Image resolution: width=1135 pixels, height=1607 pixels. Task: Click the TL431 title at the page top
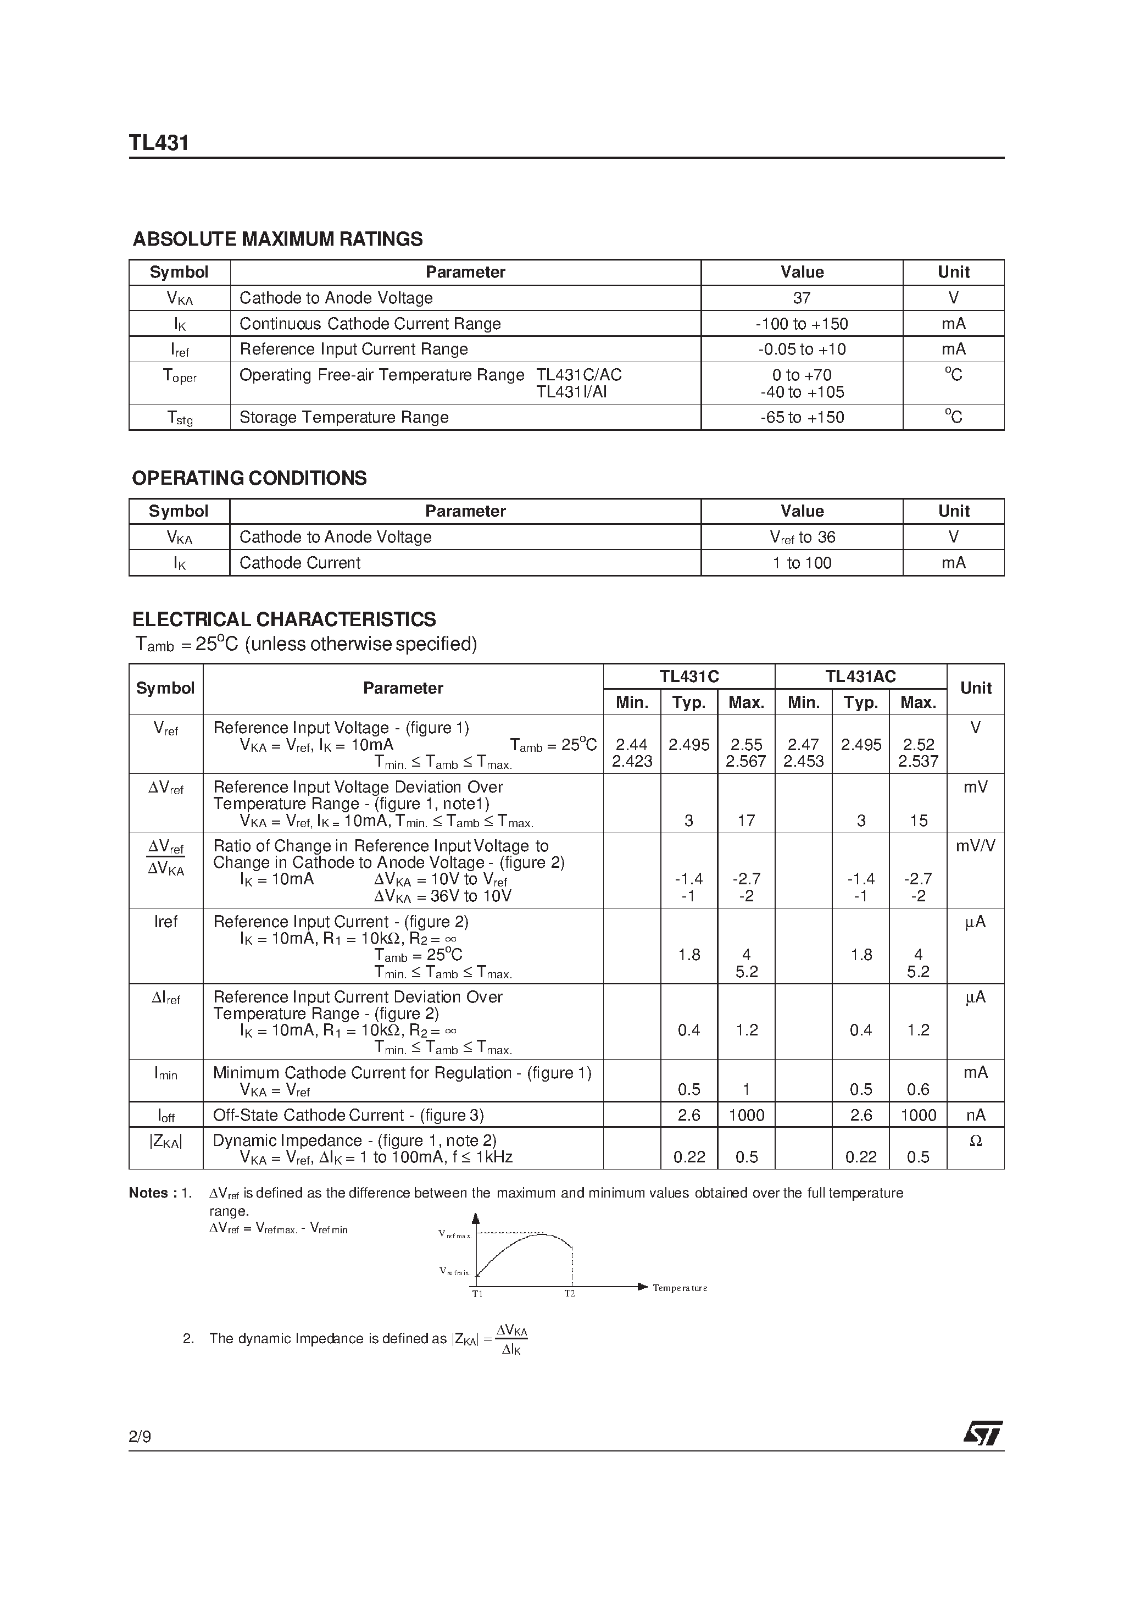[x=159, y=143]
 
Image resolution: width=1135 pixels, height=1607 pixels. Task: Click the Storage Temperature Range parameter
[x=343, y=417]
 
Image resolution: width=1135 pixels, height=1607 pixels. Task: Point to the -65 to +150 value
[x=802, y=418]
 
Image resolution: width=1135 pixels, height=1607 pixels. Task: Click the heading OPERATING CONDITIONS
[x=249, y=478]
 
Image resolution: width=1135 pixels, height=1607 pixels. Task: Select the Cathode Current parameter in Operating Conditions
[x=299, y=563]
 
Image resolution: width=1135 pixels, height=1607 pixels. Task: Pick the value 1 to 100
[x=802, y=563]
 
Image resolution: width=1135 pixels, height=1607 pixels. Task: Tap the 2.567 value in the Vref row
[x=746, y=762]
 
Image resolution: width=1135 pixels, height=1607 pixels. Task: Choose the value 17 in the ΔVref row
[x=746, y=821]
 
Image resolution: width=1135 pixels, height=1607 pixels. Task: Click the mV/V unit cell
[x=975, y=845]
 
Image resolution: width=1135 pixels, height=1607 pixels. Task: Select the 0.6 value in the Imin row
[x=917, y=1090]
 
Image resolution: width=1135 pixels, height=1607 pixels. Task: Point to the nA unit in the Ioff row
[x=975, y=1115]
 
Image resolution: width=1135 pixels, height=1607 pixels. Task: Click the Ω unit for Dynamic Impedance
[x=975, y=1141]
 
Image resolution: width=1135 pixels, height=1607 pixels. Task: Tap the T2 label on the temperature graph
[x=570, y=1293]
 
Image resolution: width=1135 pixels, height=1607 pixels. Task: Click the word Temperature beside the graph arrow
[x=680, y=1288]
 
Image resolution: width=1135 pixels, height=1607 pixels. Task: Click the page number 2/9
[x=140, y=1437]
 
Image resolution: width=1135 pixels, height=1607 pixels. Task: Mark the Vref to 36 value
[x=802, y=537]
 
